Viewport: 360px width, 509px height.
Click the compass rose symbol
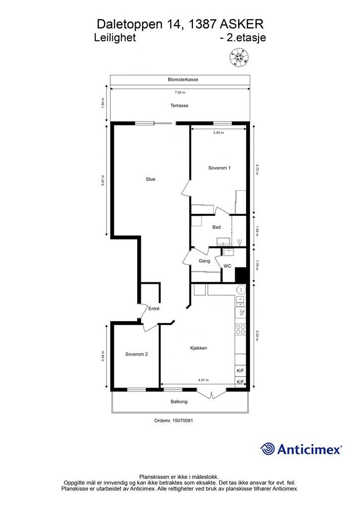239,58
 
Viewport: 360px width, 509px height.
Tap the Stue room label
150,179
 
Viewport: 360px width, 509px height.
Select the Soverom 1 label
219,168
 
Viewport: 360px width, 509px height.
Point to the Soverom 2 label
136,354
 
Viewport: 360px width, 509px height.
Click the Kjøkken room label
198,348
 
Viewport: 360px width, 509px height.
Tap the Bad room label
216,227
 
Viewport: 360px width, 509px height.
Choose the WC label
227,266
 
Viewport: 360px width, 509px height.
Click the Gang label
204,260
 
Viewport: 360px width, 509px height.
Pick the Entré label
154,309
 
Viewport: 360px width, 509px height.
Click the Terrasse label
179,105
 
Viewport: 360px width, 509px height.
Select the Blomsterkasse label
183,80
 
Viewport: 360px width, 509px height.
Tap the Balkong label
179,402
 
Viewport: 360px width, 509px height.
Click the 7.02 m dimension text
180,92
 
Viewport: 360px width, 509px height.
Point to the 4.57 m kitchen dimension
203,380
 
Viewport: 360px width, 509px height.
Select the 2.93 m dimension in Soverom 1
218,133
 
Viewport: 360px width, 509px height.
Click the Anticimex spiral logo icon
268,449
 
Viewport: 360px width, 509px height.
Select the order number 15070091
174,421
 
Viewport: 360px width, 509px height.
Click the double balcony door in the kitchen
212,394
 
